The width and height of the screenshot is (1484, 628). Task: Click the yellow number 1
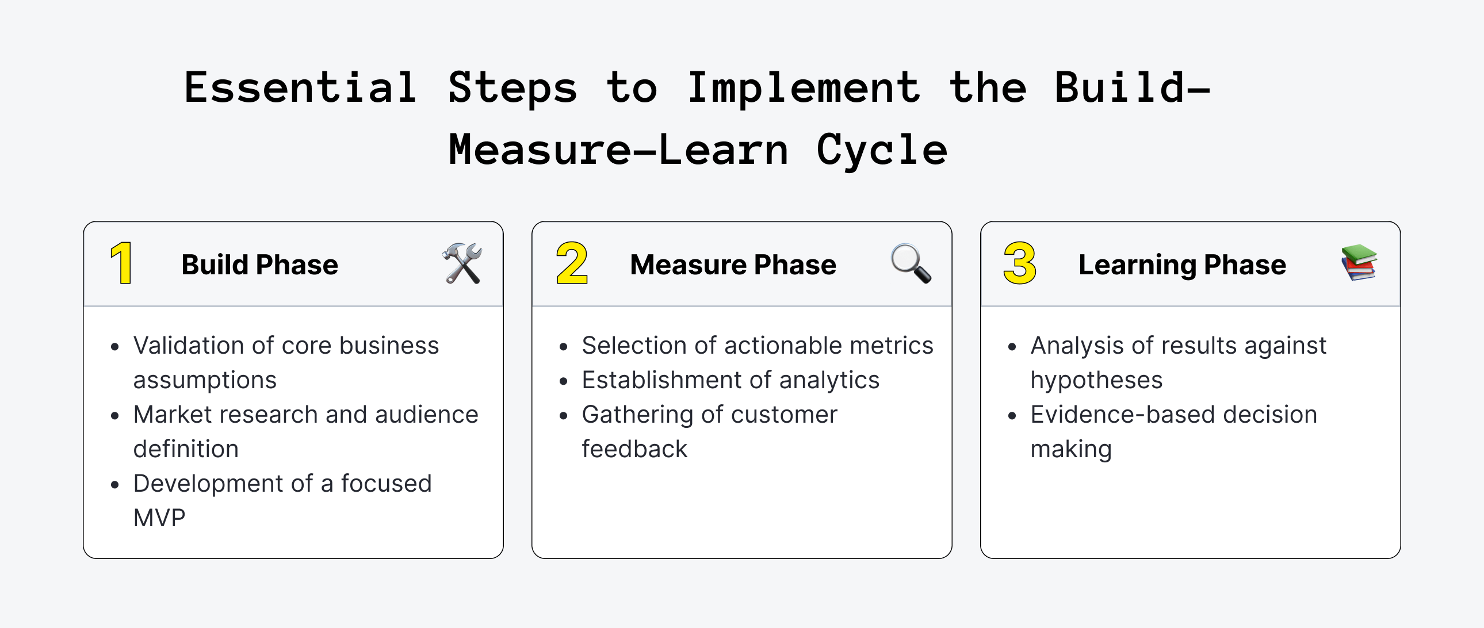(x=121, y=263)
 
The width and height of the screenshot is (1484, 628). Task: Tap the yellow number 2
(x=572, y=263)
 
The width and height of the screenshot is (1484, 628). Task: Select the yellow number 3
(x=1020, y=263)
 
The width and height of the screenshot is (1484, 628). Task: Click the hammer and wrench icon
(x=462, y=263)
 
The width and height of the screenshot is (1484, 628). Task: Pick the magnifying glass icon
(x=911, y=263)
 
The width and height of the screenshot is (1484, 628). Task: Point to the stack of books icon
(x=1359, y=263)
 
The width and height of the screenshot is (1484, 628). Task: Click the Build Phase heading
(x=259, y=265)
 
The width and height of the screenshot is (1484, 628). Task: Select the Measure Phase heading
(x=733, y=265)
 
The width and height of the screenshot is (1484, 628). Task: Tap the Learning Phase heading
(x=1182, y=265)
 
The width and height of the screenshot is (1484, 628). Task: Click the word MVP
(x=159, y=518)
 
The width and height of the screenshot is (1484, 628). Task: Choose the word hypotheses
(x=1096, y=380)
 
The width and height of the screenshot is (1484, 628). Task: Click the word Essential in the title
(x=300, y=87)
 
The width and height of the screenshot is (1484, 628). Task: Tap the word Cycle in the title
(x=882, y=150)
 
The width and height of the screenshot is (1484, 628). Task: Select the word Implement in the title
(x=804, y=87)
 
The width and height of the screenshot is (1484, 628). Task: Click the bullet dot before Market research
(x=115, y=415)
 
